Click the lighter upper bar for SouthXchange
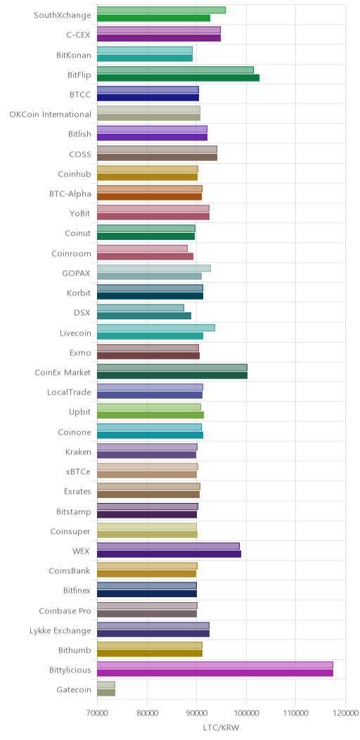[161, 11]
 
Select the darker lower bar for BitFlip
[179, 78]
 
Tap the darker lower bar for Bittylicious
[215, 672]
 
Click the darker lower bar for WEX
[169, 554]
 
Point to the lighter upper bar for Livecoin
[156, 328]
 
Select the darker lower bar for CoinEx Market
[172, 375]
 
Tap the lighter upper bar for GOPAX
[154, 268]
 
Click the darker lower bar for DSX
[144, 316]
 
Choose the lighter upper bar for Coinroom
[143, 248]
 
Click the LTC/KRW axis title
[221, 727]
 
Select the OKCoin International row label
[51, 114]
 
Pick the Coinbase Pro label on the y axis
[65, 611]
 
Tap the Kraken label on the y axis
[78, 452]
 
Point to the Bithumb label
[75, 651]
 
